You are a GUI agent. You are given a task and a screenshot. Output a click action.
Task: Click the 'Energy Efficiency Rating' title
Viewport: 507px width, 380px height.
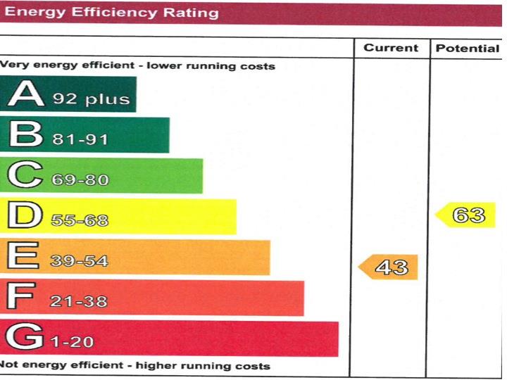tap(111, 13)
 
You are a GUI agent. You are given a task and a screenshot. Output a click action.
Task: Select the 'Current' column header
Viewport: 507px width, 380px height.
tap(391, 48)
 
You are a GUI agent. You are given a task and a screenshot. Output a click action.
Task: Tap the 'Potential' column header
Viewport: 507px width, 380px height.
tap(467, 48)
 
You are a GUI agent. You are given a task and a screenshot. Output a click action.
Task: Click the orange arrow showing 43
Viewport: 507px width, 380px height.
tap(389, 267)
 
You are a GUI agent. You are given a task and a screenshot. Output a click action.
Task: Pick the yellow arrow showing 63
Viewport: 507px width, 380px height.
tap(466, 215)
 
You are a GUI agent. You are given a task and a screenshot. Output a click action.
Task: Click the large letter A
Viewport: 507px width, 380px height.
tap(26, 94)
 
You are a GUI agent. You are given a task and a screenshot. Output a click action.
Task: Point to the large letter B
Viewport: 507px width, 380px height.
tap(26, 135)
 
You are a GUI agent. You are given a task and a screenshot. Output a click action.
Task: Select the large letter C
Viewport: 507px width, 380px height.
tap(26, 176)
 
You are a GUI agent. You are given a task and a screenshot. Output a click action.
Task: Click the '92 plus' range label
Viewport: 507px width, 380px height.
tap(92, 99)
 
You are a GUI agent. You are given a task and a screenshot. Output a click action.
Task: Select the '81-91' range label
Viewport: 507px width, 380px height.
tap(80, 139)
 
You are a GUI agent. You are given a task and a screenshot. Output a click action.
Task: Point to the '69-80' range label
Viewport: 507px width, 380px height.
tap(80, 180)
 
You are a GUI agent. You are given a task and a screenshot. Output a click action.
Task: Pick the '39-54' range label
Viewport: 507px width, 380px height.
tap(78, 262)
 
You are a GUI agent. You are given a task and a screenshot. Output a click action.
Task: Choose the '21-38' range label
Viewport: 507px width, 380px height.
tap(78, 302)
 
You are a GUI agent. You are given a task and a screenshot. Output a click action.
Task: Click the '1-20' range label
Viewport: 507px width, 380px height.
tap(73, 343)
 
